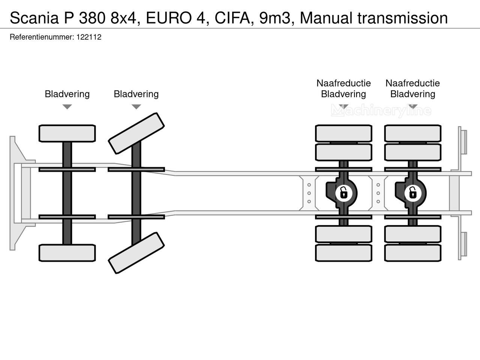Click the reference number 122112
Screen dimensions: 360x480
89,37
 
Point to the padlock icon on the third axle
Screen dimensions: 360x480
343,193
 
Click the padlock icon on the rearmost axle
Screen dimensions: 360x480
412,193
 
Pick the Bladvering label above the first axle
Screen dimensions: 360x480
67,94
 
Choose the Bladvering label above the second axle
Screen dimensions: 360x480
136,94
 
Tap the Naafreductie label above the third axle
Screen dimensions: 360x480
343,83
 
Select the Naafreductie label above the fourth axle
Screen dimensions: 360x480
412,83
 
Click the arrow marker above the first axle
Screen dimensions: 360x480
67,107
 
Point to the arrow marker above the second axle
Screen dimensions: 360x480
136,107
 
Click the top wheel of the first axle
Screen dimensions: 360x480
67,133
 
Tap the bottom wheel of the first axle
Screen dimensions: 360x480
67,253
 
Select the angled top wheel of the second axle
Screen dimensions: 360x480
136,133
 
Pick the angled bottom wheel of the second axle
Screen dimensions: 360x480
136,253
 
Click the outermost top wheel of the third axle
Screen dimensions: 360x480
343,133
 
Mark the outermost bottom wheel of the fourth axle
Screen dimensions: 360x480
412,253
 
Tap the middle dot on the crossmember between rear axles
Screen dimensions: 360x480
378,193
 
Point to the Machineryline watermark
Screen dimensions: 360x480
381,111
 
